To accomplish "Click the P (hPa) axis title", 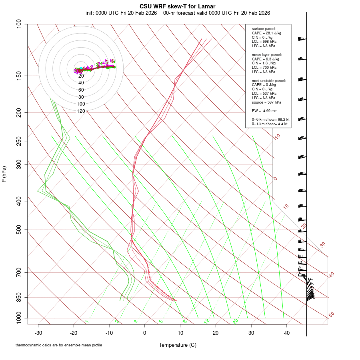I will click(4, 174).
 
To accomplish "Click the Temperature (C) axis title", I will click(178, 345).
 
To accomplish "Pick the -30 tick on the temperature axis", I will click(38, 333).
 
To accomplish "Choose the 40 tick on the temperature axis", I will click(286, 333).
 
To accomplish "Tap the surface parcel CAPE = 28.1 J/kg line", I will click(266, 33).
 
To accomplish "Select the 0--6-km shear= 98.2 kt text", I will click(270, 120).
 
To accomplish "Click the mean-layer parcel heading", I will click(267, 54).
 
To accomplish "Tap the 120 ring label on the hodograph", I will click(81, 111).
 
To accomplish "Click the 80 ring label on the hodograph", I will click(81, 97).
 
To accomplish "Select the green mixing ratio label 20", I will click(236, 321).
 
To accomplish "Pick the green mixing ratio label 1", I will click(87, 321).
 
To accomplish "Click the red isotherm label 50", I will click(332, 315).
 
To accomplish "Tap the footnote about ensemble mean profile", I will click(59, 345).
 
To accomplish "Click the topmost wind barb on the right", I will click(302, 39).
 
